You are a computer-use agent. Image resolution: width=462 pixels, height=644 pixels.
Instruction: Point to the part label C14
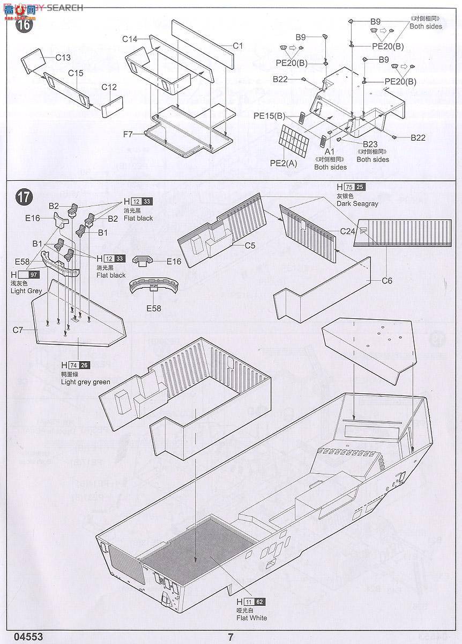[x=130, y=39]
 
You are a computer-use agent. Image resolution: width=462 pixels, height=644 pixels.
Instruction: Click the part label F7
[x=128, y=134]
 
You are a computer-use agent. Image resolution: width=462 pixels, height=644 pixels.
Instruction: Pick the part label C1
[x=238, y=46]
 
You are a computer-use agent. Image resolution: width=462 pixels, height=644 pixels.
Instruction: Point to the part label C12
[x=109, y=87]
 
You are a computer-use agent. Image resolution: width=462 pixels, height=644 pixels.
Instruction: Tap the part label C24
[x=348, y=231]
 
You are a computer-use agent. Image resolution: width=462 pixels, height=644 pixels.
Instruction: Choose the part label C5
[x=249, y=246]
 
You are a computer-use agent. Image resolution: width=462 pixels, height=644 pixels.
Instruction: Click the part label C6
[x=387, y=281]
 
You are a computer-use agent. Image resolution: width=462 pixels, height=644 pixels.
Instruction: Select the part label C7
[x=18, y=330]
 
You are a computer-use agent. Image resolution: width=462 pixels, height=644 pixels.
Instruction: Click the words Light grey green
[x=86, y=382]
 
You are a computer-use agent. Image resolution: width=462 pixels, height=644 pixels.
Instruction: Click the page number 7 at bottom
[x=230, y=637]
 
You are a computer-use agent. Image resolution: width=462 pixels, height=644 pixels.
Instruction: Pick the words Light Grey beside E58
[x=26, y=291]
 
